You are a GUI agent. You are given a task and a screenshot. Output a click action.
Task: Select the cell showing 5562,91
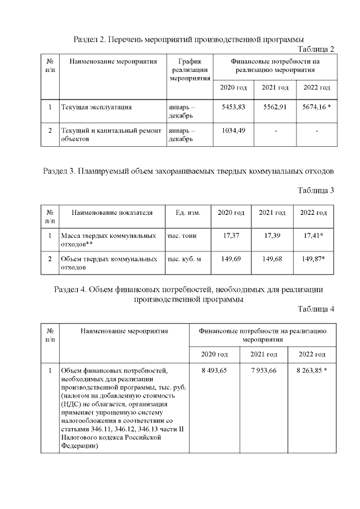(x=276, y=107)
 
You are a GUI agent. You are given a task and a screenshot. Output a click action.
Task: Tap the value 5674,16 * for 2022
(x=317, y=107)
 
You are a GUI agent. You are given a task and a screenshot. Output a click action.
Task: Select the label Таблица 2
(x=316, y=49)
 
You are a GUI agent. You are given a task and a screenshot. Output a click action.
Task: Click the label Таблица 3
(x=316, y=190)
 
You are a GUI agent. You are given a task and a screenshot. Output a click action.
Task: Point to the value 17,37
(x=231, y=236)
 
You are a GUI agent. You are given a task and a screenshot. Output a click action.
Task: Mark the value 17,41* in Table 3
(x=313, y=236)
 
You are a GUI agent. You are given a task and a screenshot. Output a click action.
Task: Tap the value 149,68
(x=272, y=259)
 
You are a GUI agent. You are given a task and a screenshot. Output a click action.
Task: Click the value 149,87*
(x=313, y=259)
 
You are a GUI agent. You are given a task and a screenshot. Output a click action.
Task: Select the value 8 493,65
(x=214, y=371)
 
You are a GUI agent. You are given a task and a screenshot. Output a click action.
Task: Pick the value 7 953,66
(x=263, y=371)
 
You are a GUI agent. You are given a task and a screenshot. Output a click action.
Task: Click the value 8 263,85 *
(x=312, y=371)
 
